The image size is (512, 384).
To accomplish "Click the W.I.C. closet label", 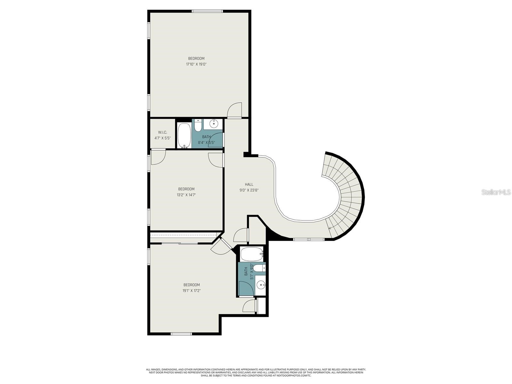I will pyautogui.click(x=163, y=132).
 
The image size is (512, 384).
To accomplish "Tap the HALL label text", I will pyautogui.click(x=249, y=184).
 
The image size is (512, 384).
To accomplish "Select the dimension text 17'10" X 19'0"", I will pyautogui.click(x=196, y=64).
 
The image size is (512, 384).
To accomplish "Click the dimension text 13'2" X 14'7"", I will pyautogui.click(x=186, y=195).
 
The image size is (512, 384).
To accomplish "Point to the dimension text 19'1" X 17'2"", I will pyautogui.click(x=191, y=291).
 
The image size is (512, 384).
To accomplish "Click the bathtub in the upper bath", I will pyautogui.click(x=184, y=135).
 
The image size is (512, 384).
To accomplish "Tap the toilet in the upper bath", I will pyautogui.click(x=198, y=126).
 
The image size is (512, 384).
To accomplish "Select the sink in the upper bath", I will pyautogui.click(x=213, y=123).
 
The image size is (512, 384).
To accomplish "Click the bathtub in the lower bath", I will pyautogui.click(x=252, y=254).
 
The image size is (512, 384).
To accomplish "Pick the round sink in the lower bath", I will pyautogui.click(x=261, y=284).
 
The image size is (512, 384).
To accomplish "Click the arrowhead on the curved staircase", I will pyautogui.click(x=330, y=228).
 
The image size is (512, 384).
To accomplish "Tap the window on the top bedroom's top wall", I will pyautogui.click(x=207, y=11).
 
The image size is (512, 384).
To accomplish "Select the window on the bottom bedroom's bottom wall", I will pyautogui.click(x=181, y=334).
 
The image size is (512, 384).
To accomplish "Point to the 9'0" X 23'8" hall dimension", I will pyautogui.click(x=249, y=190).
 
